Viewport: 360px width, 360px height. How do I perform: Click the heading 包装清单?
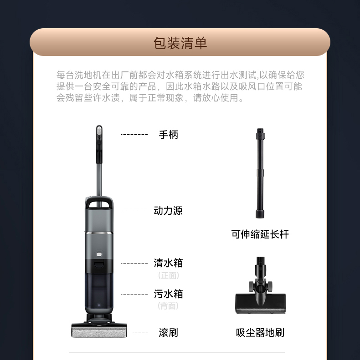180,43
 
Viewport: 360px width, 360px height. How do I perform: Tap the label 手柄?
168,135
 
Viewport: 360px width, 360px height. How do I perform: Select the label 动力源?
168,210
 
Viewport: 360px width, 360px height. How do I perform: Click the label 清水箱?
168,263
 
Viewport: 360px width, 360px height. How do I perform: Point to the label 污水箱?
168,294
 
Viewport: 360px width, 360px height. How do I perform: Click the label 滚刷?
168,332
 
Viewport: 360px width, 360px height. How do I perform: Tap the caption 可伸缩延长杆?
260,234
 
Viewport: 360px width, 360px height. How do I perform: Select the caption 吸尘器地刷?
260,333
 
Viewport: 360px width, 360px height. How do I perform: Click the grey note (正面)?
169,275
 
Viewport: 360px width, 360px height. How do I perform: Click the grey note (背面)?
168,306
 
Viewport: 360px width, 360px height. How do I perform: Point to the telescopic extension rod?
260,173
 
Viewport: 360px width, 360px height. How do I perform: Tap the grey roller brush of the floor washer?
99,332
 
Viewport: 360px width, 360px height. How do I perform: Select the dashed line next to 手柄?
134,134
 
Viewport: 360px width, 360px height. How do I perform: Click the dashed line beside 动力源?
134,210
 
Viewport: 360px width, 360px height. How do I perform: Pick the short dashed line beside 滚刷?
140,333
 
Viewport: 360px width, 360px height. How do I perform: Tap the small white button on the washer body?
99,254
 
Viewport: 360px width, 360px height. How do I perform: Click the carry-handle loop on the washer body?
99,202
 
